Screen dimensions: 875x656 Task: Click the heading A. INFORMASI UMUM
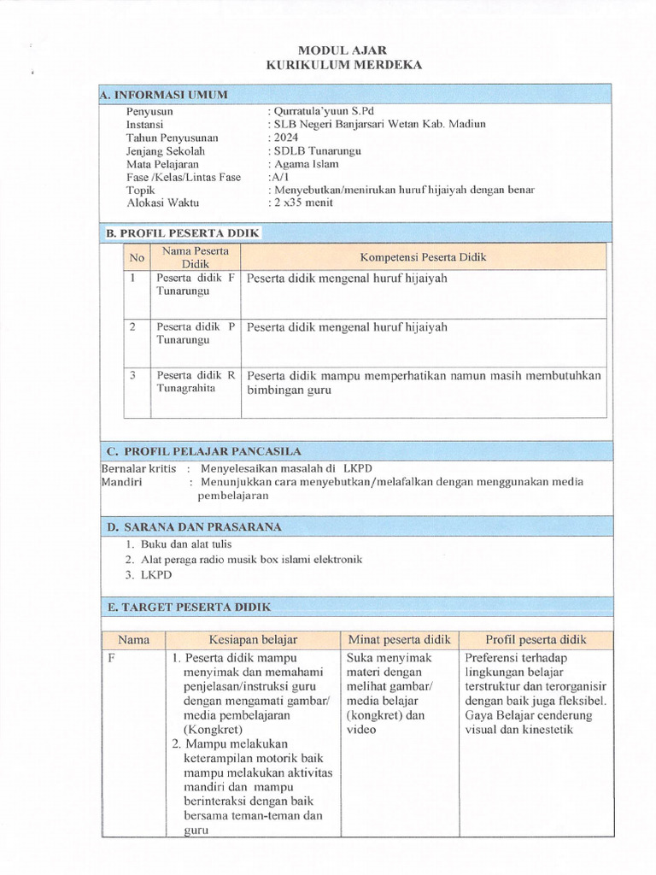[x=165, y=95]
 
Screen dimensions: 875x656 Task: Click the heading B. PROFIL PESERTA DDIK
[x=182, y=232]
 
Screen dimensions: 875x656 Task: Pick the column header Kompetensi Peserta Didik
[x=423, y=256]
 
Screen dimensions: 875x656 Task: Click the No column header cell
[x=137, y=256]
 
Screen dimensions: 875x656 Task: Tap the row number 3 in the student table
[x=133, y=374]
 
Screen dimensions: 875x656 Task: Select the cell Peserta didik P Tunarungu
[x=195, y=333]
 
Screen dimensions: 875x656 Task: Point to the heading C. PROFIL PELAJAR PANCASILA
[x=203, y=451]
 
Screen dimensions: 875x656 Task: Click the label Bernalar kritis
[x=138, y=468]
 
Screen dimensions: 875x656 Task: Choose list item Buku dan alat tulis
[x=185, y=543]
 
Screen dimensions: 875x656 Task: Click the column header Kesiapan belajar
[x=253, y=639]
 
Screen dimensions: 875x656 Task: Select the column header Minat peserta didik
[x=399, y=639]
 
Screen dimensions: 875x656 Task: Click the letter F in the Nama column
[x=111, y=658]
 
